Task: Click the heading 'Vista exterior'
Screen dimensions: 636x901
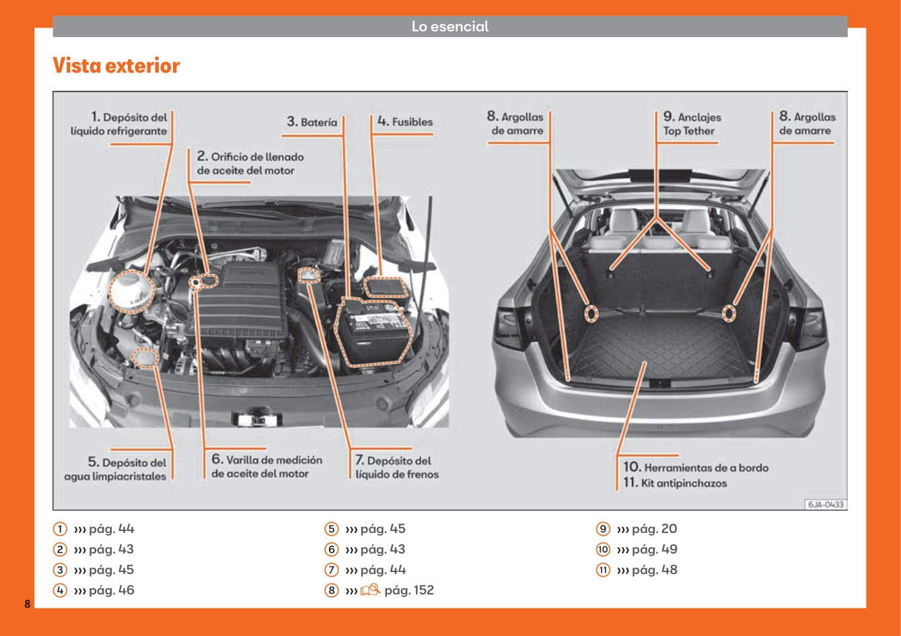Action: pos(116,66)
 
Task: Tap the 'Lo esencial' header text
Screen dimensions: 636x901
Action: pos(450,27)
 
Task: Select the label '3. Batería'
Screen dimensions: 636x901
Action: pos(312,122)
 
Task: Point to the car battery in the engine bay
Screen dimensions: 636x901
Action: pos(374,331)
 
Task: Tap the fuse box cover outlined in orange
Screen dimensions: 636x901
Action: pos(384,287)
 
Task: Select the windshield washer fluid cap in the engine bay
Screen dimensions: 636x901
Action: pos(145,358)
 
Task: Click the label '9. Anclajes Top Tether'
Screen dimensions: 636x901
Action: pos(692,125)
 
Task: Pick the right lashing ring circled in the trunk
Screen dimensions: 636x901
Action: pos(729,313)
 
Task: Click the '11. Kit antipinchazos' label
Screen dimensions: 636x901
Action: pos(675,483)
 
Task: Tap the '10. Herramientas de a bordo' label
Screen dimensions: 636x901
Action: pos(696,467)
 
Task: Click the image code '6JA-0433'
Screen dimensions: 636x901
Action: pos(826,504)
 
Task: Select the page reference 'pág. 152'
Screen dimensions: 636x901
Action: pos(409,590)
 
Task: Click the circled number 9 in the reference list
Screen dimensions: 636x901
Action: pos(603,529)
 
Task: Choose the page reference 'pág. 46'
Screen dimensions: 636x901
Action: pos(111,590)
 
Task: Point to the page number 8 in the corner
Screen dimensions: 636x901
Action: pos(28,603)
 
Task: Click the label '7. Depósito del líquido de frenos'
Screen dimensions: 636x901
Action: pos(397,467)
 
